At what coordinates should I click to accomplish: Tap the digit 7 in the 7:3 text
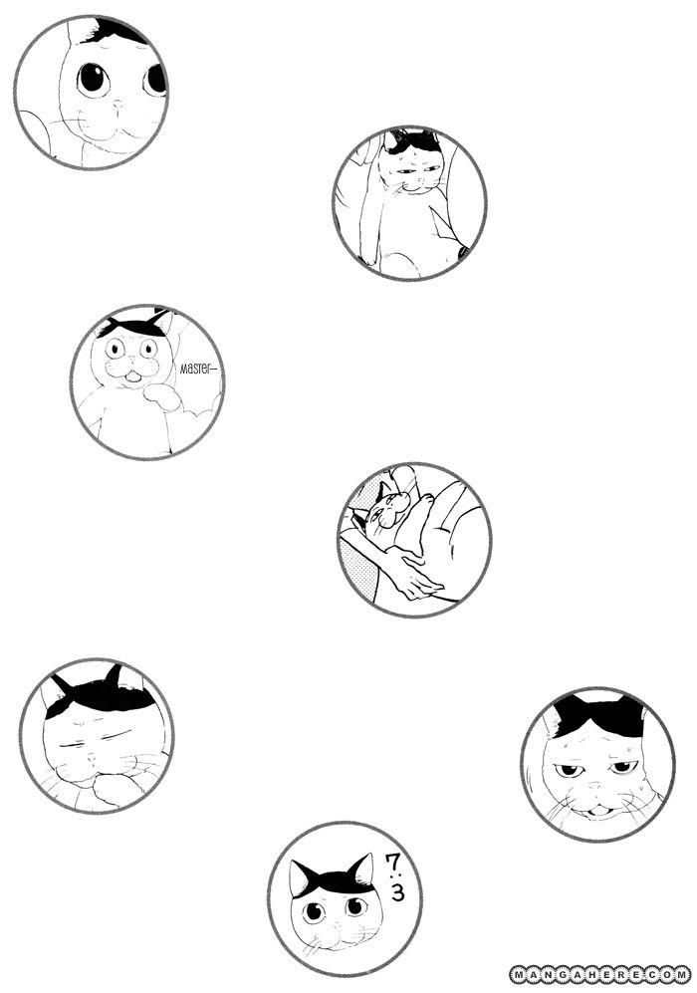pos(392,863)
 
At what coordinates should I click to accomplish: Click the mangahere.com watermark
pos(600,973)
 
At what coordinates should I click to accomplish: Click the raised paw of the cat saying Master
pos(160,395)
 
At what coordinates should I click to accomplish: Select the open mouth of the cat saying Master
pos(132,377)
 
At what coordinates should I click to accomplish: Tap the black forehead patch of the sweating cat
pos(596,716)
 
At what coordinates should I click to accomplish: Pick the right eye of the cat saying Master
pos(148,347)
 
